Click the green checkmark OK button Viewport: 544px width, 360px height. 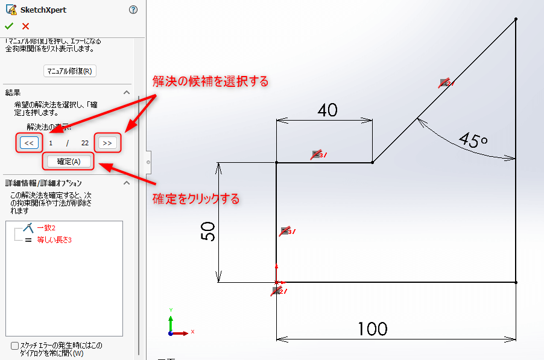(8, 26)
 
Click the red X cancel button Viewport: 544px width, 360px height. (25, 26)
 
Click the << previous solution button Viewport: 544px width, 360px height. (29, 143)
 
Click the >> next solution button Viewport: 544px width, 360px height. (107, 143)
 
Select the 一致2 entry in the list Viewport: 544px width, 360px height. (46, 228)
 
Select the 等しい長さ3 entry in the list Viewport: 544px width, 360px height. (54, 240)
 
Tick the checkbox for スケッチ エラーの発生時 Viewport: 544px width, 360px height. (15, 346)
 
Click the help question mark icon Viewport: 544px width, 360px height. (133, 10)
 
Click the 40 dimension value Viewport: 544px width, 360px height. (327, 110)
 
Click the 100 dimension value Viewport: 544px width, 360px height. (372, 329)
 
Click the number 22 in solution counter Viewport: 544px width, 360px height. (85, 143)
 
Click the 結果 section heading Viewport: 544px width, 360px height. (13, 92)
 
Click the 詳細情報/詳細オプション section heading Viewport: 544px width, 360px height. (43, 183)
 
